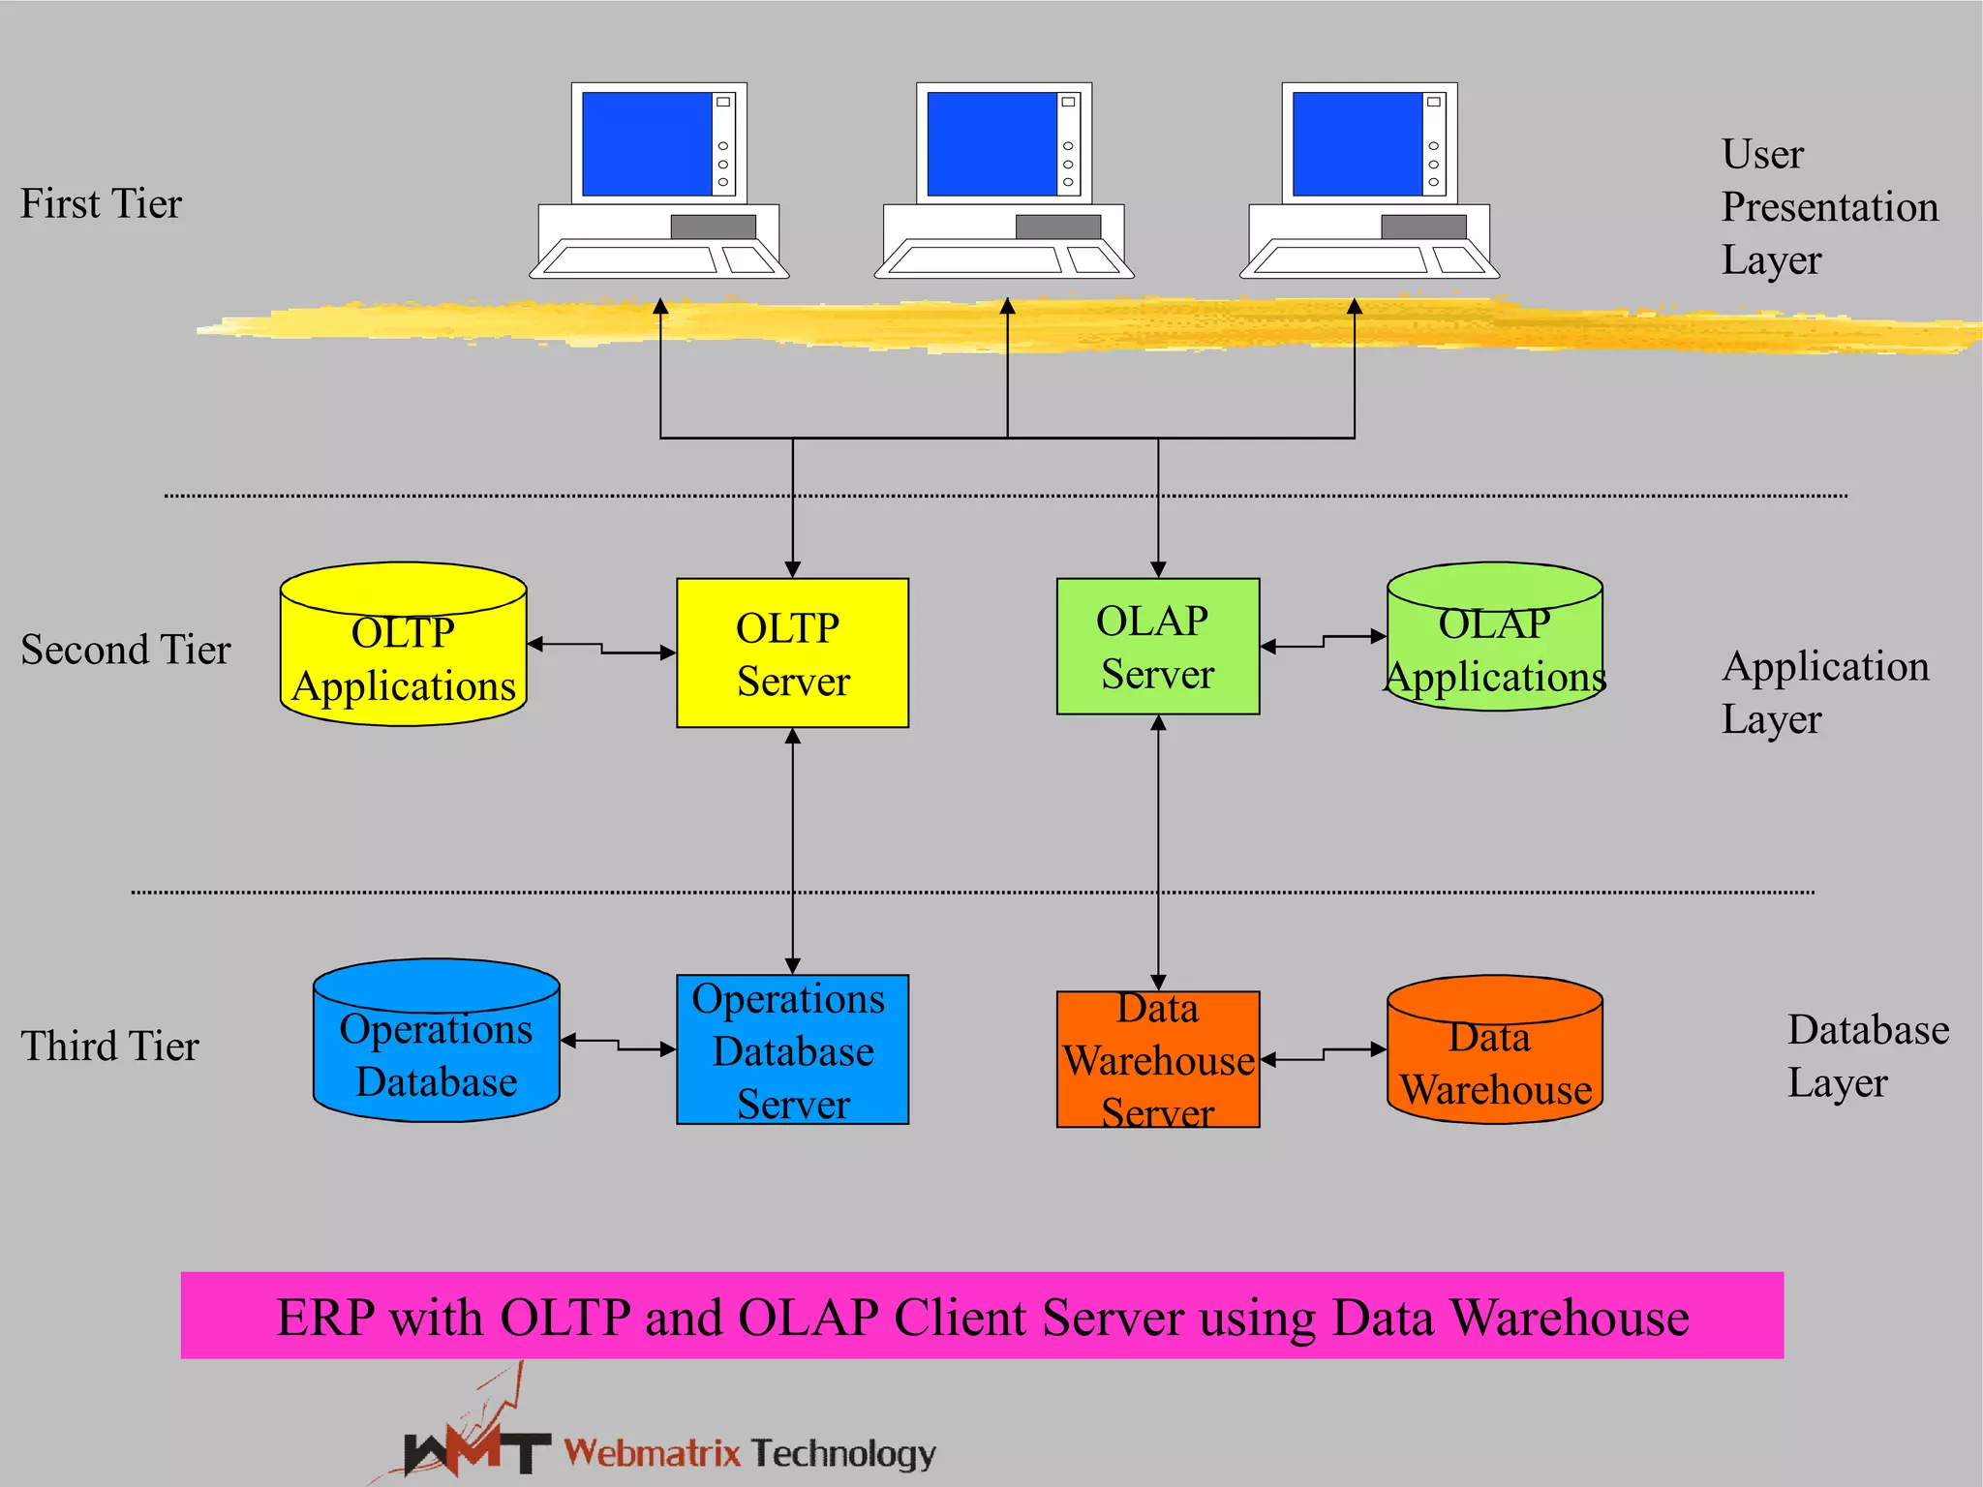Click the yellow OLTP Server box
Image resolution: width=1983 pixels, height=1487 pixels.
(x=792, y=652)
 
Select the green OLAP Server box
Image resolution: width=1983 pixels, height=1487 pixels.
(x=1157, y=647)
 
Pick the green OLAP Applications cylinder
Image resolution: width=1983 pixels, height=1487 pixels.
(x=1494, y=639)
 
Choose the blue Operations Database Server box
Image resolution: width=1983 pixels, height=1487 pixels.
(x=792, y=1049)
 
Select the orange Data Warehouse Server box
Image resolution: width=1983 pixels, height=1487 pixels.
(x=1157, y=1059)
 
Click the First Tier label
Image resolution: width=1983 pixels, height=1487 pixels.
(x=101, y=204)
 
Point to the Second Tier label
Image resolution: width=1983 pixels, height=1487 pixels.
(x=125, y=650)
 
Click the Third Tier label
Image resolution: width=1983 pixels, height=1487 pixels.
(x=109, y=1047)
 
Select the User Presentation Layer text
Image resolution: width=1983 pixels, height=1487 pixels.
(x=1827, y=207)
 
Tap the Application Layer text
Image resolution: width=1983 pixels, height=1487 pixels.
(x=1824, y=692)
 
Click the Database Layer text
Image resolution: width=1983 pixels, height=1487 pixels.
(x=1866, y=1056)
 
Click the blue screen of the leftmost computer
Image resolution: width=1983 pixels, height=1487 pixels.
(x=646, y=143)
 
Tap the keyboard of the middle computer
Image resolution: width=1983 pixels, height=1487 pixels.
(x=976, y=259)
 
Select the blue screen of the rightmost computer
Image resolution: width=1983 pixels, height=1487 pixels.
(x=1357, y=143)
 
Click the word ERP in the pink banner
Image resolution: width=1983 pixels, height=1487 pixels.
(x=324, y=1318)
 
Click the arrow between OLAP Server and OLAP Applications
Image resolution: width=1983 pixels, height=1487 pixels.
(x=1323, y=642)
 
